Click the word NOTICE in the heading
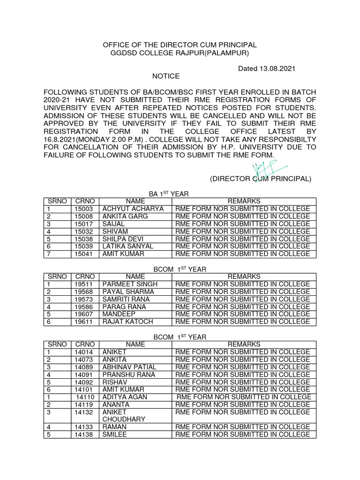166,76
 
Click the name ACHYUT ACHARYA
133,209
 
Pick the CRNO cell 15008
84,216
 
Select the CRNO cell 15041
84,254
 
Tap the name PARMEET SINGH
130,284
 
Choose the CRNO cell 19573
84,299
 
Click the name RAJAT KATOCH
128,322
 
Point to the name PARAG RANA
124,307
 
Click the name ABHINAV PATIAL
129,367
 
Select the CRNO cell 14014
84,352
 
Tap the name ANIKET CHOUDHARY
124,416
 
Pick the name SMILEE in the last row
115,435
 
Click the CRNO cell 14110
86,397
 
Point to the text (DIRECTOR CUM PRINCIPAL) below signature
260,179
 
